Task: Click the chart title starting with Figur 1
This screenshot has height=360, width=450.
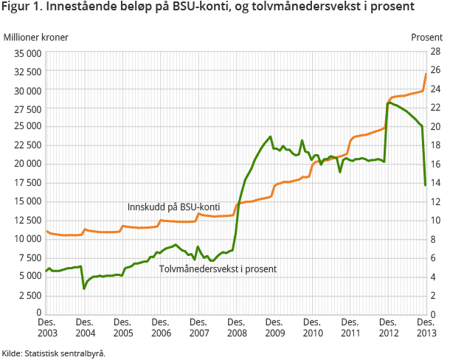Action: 208,8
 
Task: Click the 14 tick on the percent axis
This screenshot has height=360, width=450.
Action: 436,183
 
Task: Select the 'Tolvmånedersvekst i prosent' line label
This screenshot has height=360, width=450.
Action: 218,269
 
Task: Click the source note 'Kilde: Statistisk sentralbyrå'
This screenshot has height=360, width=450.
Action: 54,353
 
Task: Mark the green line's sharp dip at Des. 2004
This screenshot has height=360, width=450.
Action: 84,288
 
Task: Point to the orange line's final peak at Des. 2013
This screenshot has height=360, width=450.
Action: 426,74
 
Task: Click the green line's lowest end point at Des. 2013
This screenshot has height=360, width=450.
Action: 426,184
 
